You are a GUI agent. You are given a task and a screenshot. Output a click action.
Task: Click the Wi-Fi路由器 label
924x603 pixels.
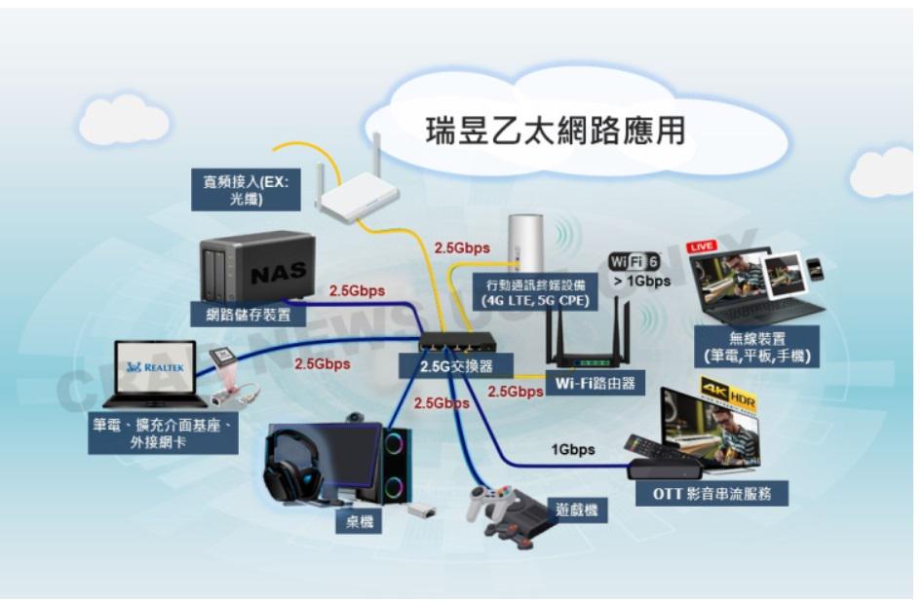coord(595,383)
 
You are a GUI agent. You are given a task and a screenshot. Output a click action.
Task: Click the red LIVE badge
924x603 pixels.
coord(703,246)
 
